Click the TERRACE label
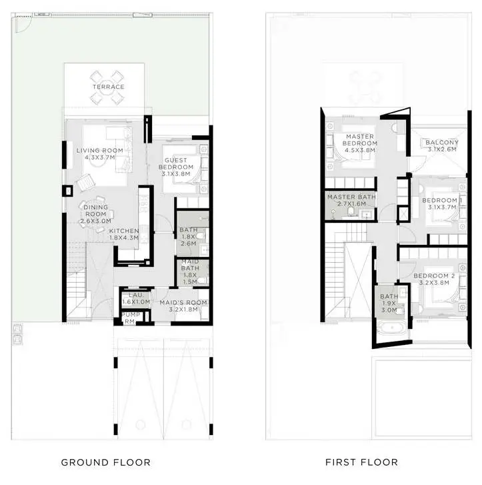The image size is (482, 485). click(x=108, y=87)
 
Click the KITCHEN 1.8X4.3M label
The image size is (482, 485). click(x=124, y=234)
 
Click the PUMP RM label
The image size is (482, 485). click(x=131, y=318)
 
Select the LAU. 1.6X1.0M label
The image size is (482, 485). click(x=136, y=298)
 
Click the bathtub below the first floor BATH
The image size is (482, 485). click(x=392, y=328)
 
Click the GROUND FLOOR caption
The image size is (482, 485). click(x=106, y=462)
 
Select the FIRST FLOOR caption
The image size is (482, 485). click(x=362, y=462)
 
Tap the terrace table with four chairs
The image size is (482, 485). click(x=107, y=87)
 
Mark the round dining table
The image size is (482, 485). click(x=96, y=214)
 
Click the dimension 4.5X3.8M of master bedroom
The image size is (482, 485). click(x=360, y=150)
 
